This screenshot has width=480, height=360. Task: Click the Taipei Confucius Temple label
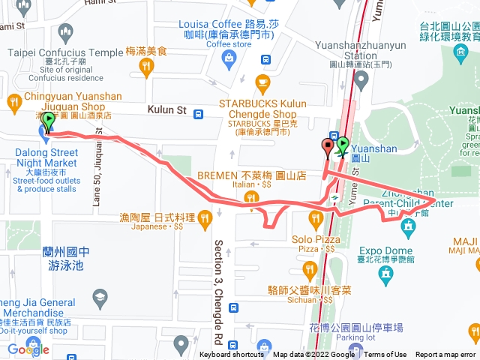click(x=64, y=52)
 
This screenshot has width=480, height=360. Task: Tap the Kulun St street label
click(x=166, y=110)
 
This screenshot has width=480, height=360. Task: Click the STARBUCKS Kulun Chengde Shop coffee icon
click(x=262, y=81)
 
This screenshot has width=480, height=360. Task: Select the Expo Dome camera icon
click(x=385, y=276)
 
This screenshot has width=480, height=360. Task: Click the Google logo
click(x=28, y=349)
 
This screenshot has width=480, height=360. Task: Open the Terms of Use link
click(x=385, y=355)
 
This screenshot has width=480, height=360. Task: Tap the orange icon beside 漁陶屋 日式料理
click(x=204, y=218)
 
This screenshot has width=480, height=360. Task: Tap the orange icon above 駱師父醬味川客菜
click(x=309, y=269)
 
